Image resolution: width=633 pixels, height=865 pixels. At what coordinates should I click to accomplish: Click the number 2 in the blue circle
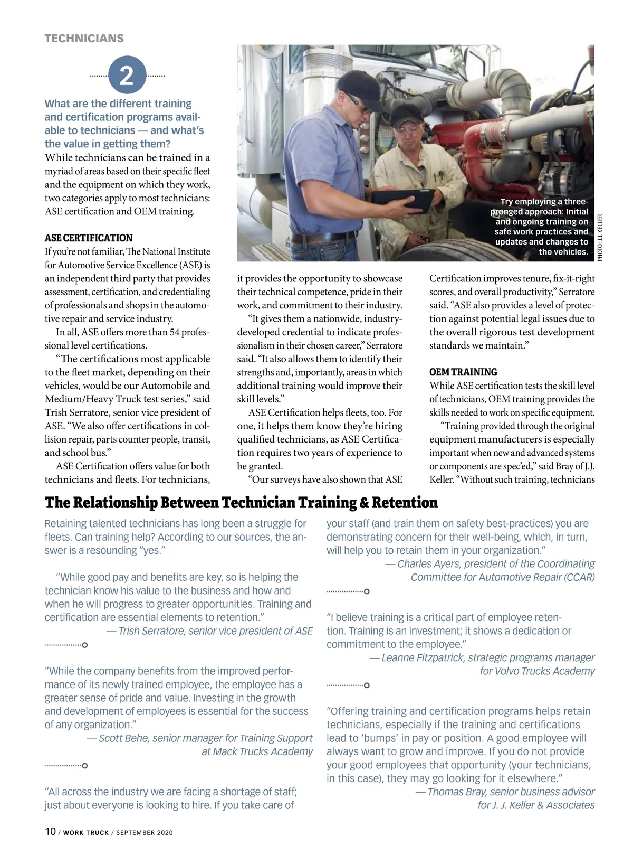[127, 76]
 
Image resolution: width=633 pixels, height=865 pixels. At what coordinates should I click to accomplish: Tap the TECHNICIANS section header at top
[84, 39]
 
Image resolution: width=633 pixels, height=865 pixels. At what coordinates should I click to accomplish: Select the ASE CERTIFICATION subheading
[89, 238]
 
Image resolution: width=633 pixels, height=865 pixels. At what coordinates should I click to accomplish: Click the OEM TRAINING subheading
[463, 372]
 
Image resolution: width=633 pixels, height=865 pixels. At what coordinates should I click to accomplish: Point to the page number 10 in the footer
[50, 831]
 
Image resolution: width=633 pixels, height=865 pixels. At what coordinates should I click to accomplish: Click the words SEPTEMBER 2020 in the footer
[145, 833]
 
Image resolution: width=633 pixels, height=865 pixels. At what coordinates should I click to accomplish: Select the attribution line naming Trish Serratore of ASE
[209, 631]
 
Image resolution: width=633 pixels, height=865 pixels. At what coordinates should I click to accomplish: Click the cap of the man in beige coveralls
[404, 112]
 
